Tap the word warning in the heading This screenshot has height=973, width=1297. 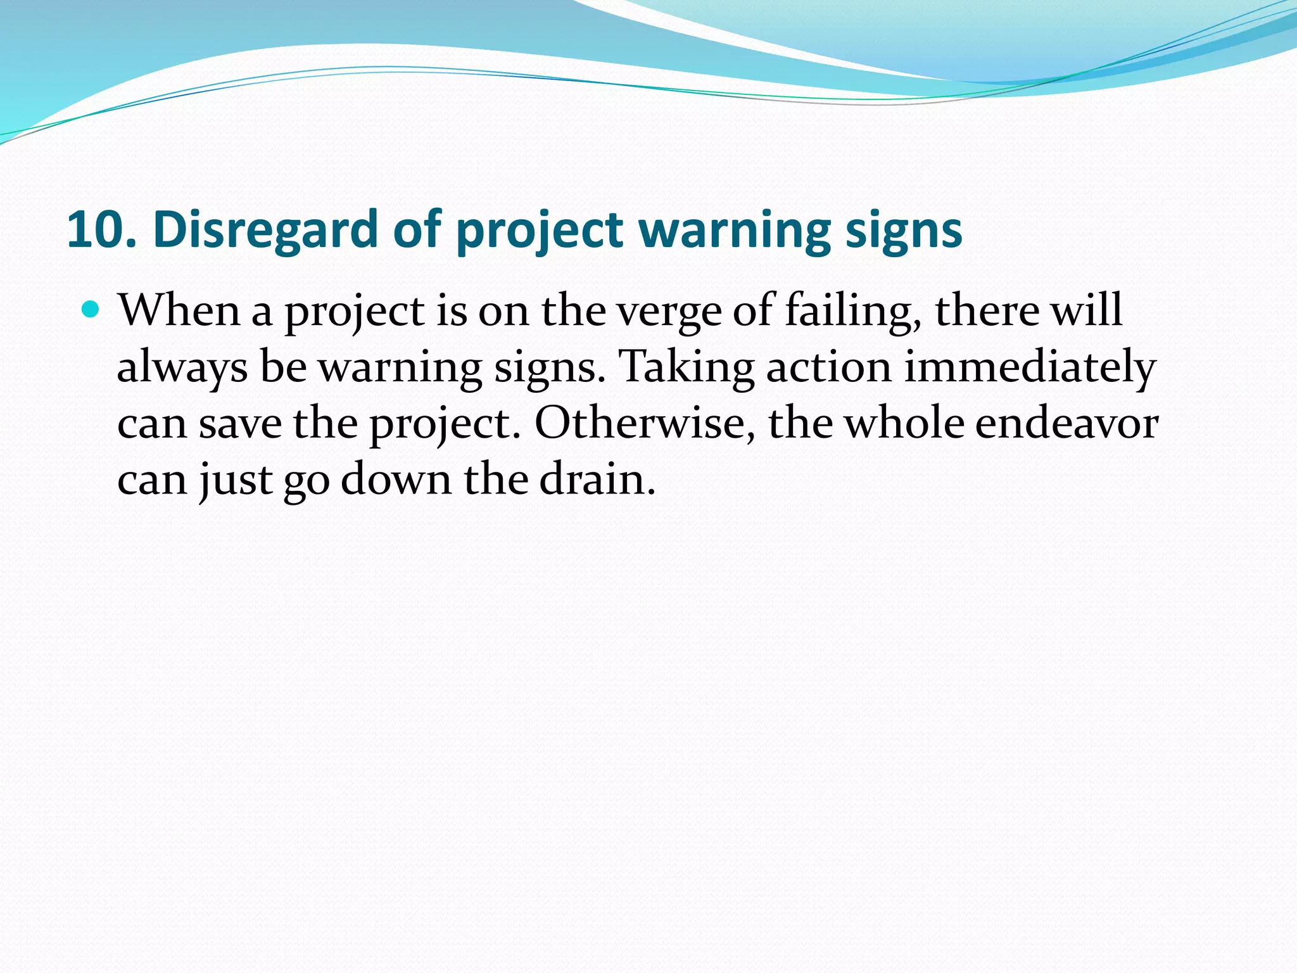pos(734,229)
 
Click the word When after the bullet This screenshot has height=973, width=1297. pos(179,311)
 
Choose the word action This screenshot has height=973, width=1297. pos(828,367)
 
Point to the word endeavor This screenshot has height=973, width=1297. pos(1066,423)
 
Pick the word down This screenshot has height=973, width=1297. pos(396,479)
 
